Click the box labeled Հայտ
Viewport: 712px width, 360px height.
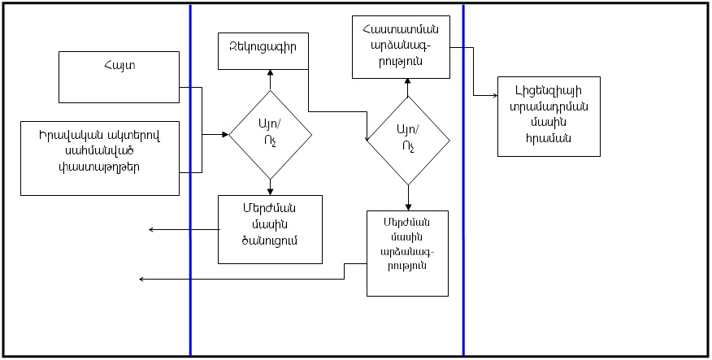[119, 76]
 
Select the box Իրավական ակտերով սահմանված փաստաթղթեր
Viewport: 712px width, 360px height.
[99, 158]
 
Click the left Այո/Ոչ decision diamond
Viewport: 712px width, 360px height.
[271, 134]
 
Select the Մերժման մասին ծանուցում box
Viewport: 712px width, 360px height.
[271, 228]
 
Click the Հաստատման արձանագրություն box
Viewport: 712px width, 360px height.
[401, 46]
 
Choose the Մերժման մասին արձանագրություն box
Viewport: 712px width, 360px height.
[407, 254]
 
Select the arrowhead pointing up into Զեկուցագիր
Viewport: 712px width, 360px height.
[271, 72]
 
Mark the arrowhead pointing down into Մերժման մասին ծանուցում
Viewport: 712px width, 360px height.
[271, 191]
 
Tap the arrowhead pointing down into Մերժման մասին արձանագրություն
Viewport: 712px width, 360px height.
[408, 208]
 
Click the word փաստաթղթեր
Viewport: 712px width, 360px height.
[99, 168]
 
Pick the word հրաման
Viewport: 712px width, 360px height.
[549, 137]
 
